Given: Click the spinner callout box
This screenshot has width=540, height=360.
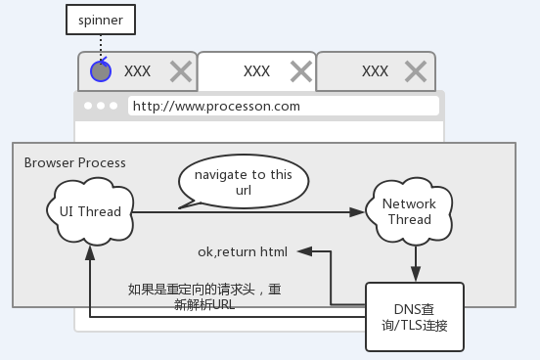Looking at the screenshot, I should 102,19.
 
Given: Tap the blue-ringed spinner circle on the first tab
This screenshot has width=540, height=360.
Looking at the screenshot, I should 100,70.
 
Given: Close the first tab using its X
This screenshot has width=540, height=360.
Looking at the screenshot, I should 181,70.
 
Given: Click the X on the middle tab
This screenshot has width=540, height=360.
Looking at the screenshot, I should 301,70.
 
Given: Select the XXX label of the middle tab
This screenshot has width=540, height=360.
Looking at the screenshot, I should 256,70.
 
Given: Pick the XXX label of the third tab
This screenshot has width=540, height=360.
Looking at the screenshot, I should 375,70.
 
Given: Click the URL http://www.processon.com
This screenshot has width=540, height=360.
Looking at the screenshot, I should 216,106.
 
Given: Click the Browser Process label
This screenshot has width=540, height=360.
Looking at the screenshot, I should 74,162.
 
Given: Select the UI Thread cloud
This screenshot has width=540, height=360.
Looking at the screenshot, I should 90,211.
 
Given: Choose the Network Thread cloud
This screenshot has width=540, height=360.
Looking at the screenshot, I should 409,211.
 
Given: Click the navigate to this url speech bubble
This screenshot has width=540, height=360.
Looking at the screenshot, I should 243,181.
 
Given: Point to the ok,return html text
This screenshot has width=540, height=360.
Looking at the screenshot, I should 243,251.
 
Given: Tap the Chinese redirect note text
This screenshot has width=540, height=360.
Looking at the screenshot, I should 204,295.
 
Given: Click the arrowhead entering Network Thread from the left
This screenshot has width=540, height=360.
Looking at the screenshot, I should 356,211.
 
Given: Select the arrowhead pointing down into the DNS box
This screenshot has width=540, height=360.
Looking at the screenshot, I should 417,275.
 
